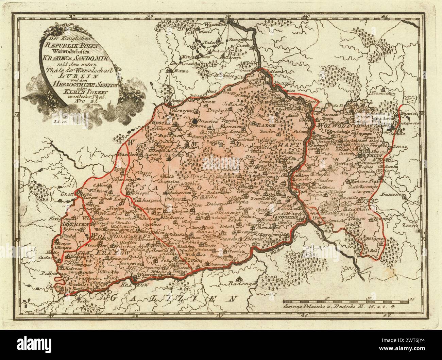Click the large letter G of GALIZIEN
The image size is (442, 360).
[x=115, y=298]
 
